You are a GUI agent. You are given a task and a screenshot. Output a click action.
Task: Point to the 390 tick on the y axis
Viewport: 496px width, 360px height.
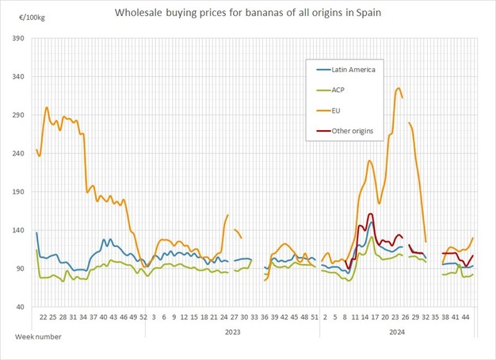18,39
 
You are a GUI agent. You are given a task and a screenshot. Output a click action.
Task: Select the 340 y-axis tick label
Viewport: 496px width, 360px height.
18,77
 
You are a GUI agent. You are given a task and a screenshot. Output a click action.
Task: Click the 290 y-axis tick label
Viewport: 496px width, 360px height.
18,115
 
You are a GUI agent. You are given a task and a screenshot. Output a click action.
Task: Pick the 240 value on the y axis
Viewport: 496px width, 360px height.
18,154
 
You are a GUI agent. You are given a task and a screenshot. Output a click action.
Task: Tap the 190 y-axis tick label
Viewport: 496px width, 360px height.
18,192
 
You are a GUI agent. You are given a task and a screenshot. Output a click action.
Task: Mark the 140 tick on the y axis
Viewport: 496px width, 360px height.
18,230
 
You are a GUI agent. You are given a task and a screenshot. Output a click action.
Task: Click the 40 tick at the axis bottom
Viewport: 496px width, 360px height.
21,307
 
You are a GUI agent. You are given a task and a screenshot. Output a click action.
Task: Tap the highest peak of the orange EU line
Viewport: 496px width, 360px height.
398,88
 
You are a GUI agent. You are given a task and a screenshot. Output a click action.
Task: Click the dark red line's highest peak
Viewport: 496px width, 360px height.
371,214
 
